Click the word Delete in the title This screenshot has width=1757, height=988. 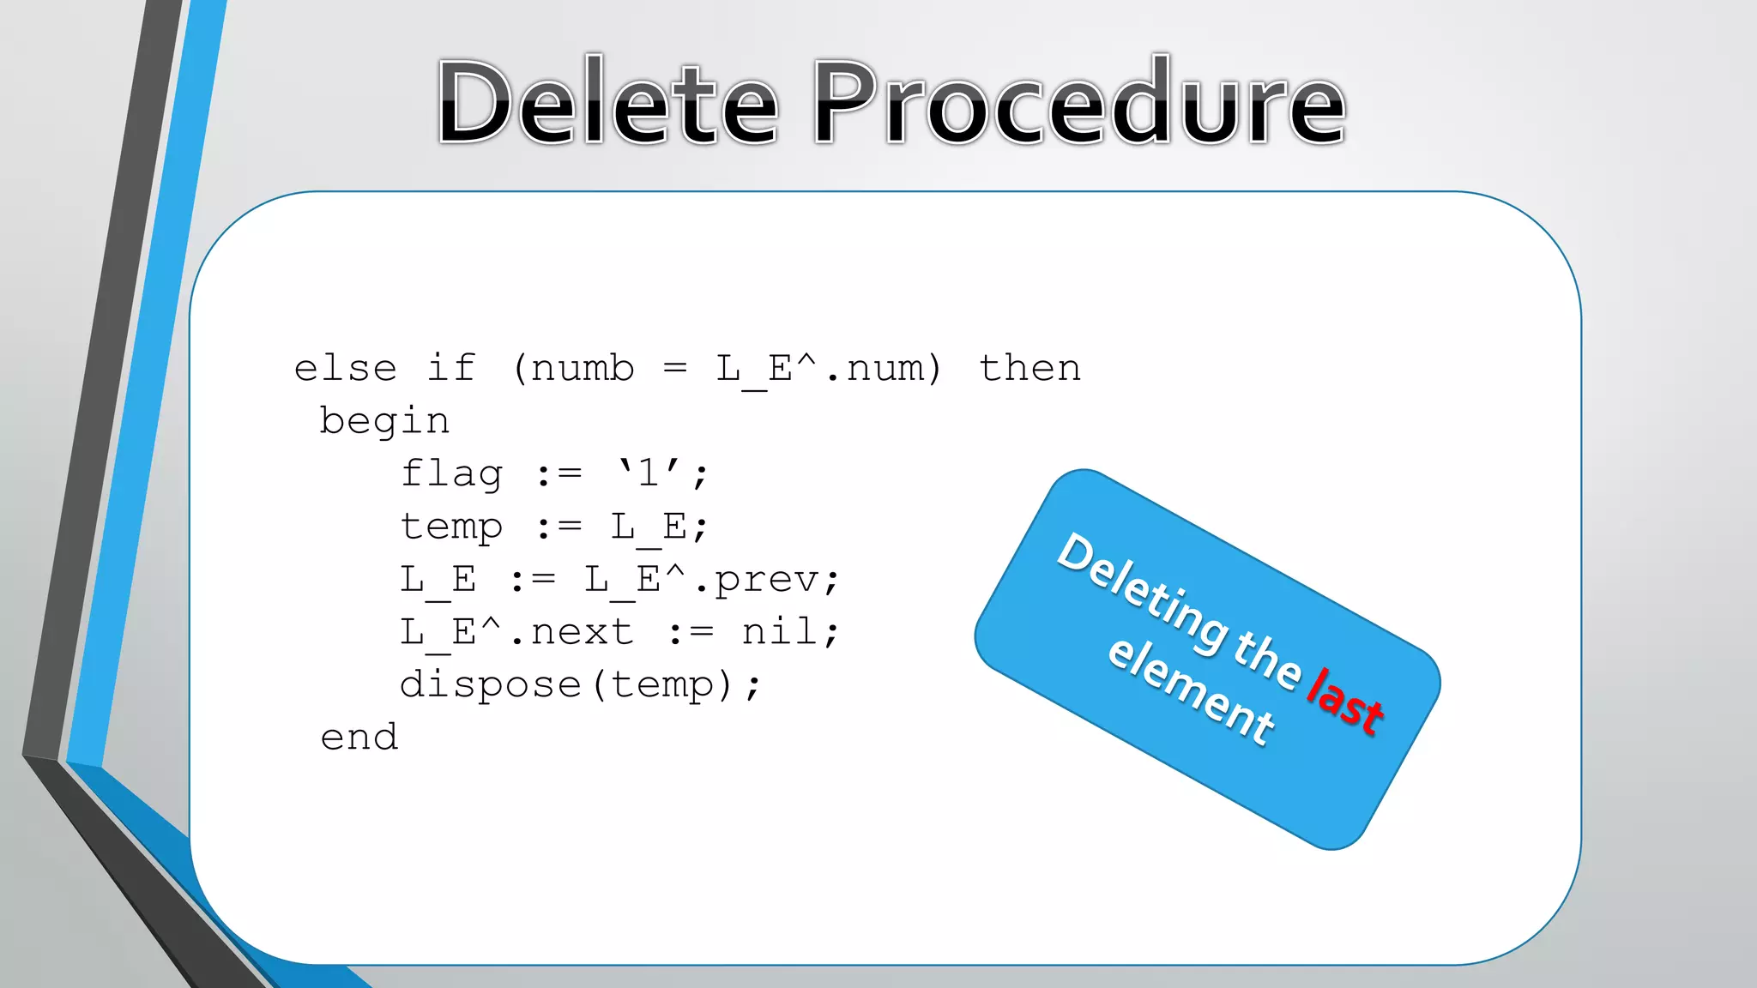click(x=607, y=103)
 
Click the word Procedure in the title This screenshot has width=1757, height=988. click(x=1079, y=103)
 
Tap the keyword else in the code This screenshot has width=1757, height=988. click(x=345, y=369)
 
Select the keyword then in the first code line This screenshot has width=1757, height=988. click(x=1029, y=369)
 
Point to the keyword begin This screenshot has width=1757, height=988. click(x=384, y=422)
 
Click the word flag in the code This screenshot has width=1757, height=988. click(x=451, y=474)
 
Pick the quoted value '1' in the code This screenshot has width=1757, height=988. click(x=649, y=473)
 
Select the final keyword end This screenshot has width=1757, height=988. click(x=359, y=738)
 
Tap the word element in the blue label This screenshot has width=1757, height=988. click(x=1191, y=690)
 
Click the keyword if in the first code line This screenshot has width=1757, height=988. click(x=451, y=369)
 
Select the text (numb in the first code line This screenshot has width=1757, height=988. click(x=573, y=369)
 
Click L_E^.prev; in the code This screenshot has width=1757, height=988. click(x=712, y=580)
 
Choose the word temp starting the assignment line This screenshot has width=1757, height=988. click(x=451, y=527)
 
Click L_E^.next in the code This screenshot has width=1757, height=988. click(x=516, y=632)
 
